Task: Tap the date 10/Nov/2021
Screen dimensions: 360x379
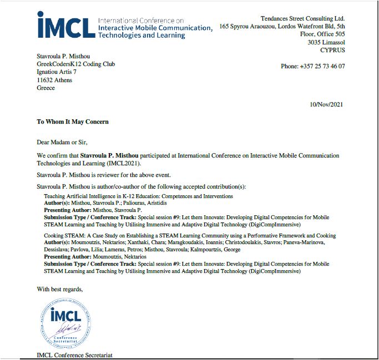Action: pos(327,105)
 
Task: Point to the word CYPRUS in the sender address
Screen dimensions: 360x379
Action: pos(332,50)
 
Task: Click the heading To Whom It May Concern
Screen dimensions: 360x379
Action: pos(73,121)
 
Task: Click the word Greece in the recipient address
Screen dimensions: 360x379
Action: pos(46,88)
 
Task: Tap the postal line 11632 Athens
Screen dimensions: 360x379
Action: pos(54,80)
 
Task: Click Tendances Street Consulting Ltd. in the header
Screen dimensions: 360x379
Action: pos(302,18)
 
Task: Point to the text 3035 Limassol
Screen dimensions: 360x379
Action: pos(326,42)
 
